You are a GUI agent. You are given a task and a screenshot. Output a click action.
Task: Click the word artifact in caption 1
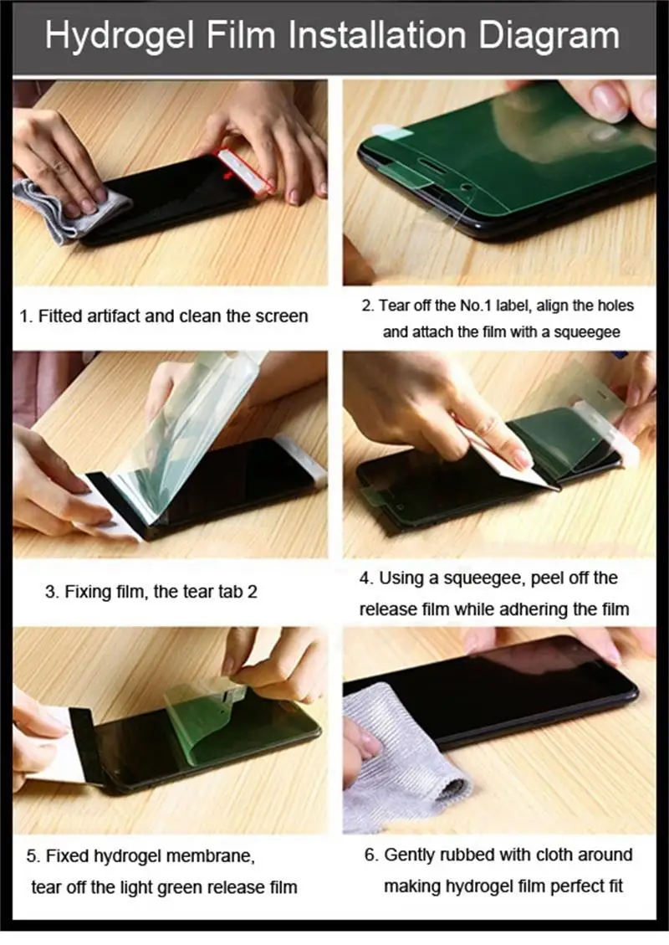tap(112, 316)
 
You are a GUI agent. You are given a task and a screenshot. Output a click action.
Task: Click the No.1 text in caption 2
tap(477, 306)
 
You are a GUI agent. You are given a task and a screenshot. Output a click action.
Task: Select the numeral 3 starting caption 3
tap(50, 592)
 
